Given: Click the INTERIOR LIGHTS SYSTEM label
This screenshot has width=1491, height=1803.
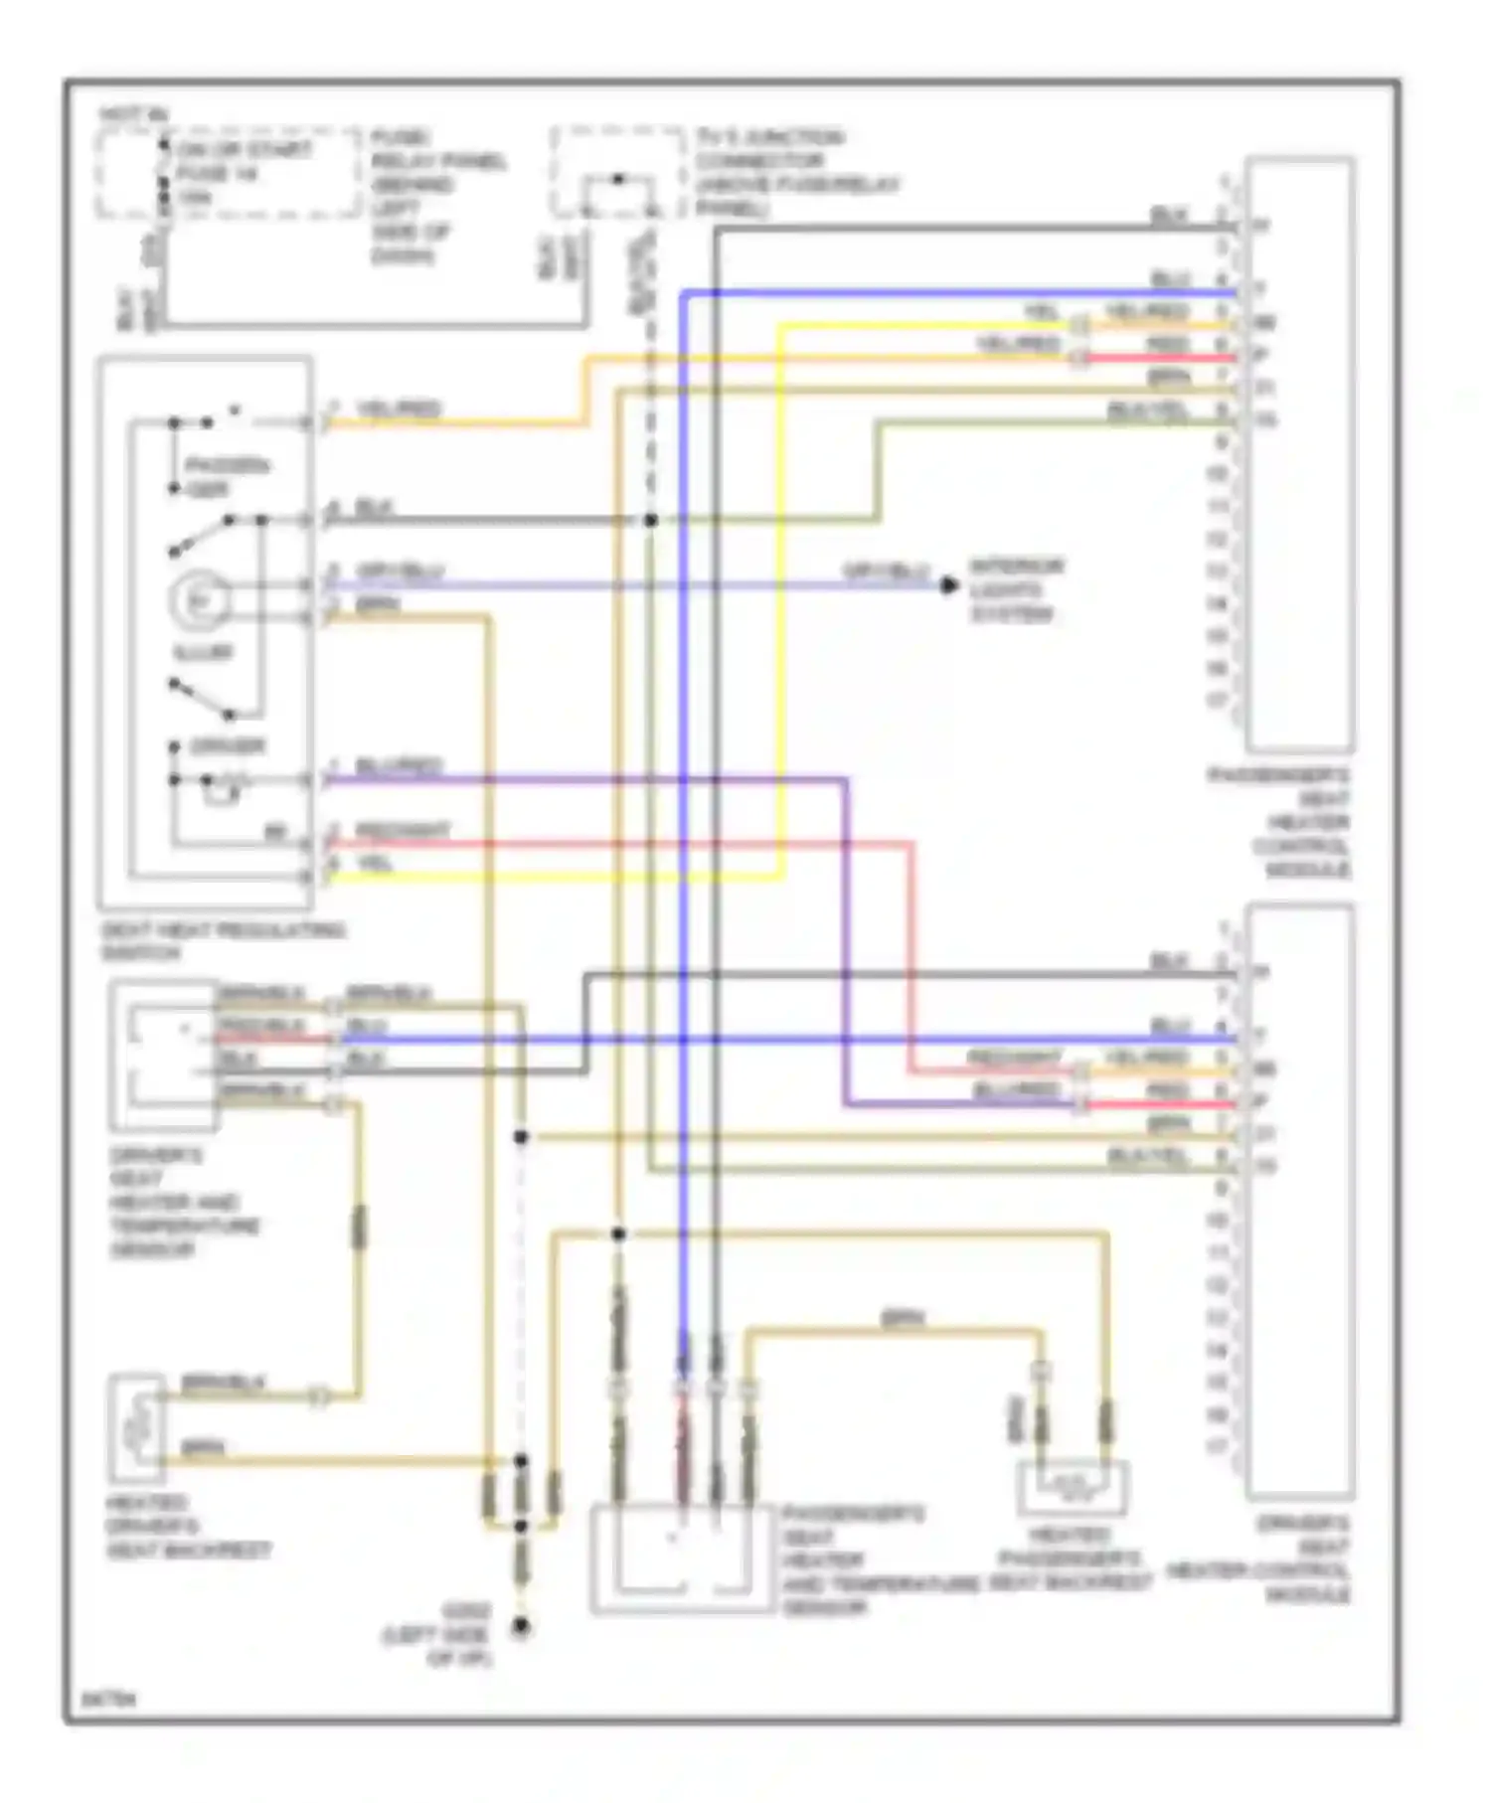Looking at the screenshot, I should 1016,589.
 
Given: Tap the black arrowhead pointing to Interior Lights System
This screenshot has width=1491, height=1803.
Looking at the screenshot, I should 950,585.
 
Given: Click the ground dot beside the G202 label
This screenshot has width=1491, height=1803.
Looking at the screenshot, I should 520,1627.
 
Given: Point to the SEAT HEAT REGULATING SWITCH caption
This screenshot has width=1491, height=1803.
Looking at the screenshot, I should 223,940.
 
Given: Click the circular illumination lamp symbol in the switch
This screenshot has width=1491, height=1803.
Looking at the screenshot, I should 199,600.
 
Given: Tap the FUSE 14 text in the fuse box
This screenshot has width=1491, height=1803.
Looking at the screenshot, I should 217,174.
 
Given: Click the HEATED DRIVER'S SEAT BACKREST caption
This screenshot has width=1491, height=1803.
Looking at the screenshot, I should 188,1527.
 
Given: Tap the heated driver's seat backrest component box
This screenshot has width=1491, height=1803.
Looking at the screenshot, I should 137,1428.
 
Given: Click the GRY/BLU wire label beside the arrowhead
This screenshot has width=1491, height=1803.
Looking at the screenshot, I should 886,571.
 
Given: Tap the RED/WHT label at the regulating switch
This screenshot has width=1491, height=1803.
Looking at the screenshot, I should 403,830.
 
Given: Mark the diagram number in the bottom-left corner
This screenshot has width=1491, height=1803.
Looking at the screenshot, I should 107,1700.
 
